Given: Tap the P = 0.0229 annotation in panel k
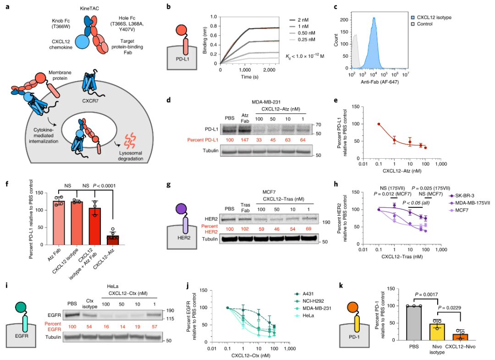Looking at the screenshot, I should tap(453, 307).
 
